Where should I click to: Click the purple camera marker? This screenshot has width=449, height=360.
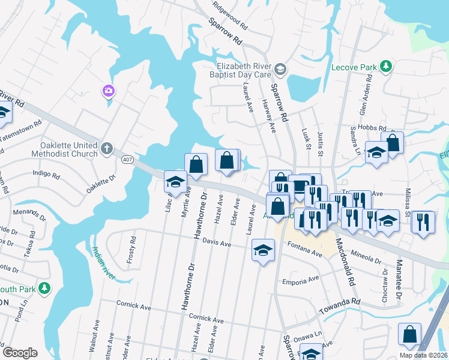point(109,91)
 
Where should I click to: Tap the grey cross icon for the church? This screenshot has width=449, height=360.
point(107,148)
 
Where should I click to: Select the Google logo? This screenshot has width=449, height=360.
point(20,353)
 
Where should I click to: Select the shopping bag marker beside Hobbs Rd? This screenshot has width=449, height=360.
point(392,143)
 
